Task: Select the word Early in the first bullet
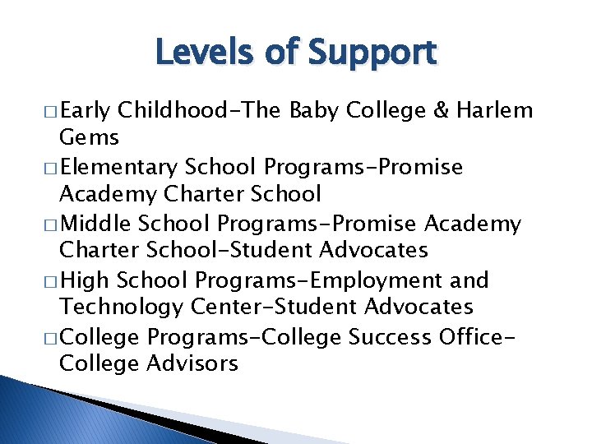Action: click(x=86, y=111)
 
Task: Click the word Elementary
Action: click(x=118, y=168)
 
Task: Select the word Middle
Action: click(x=98, y=224)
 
